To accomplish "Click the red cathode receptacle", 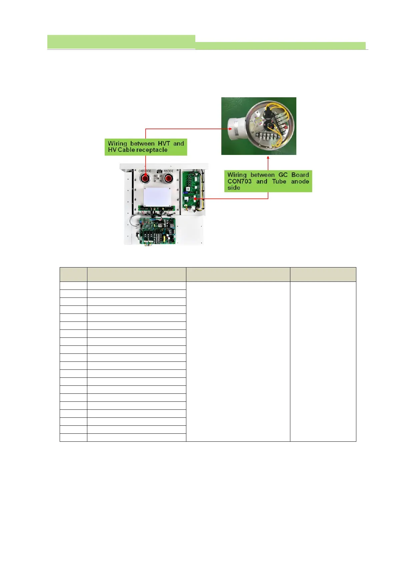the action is point(145,179).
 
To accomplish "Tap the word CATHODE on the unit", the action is point(145,171).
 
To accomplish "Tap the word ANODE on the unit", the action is point(168,171).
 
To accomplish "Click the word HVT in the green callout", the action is point(164,144).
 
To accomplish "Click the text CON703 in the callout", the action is point(239,182).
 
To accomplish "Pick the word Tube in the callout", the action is point(279,182).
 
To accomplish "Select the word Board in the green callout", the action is point(300,175).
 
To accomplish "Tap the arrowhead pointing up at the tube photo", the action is point(268,158).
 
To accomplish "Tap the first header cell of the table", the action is point(73,275).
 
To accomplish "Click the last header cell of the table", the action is point(323,275).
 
